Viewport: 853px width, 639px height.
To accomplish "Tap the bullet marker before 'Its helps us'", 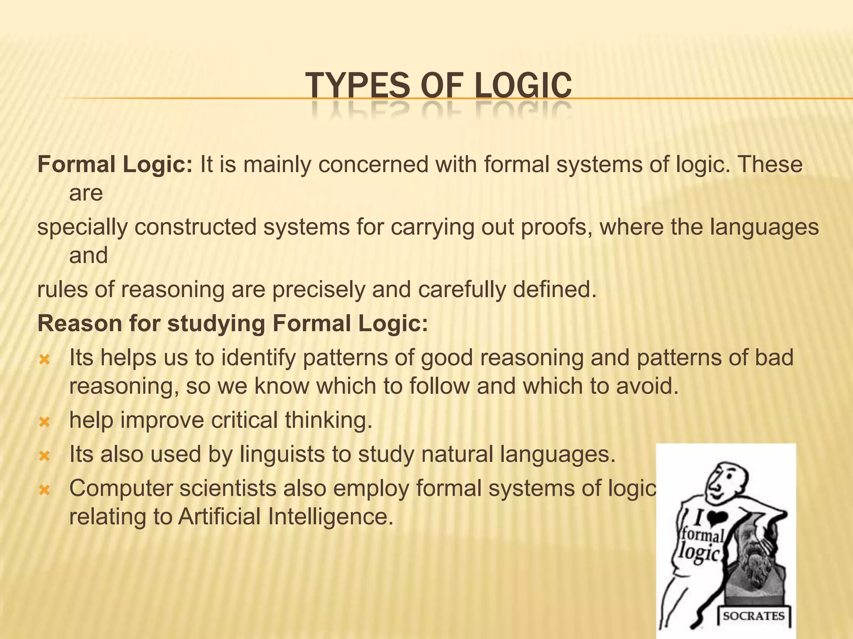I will pos(44,359).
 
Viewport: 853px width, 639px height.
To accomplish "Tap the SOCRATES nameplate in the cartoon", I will pos(753,616).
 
